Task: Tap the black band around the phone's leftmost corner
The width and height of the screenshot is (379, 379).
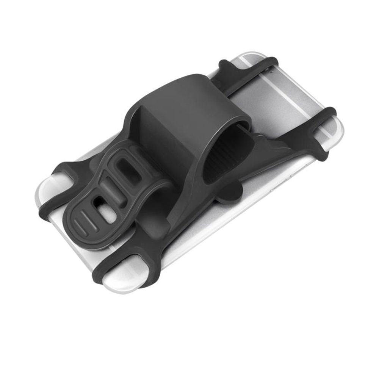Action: point(57,178)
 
